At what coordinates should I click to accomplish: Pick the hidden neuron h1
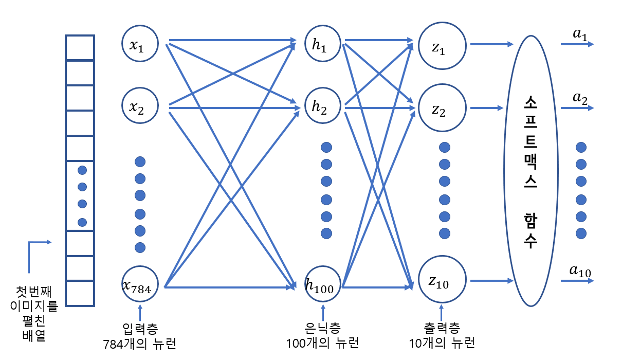coord(323,45)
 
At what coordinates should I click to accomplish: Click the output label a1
coord(580,34)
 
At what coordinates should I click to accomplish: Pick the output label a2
coord(580,98)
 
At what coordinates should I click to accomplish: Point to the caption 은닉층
coord(322,328)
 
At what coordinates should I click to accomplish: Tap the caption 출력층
coord(442,328)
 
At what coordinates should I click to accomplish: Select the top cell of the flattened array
coord(80,47)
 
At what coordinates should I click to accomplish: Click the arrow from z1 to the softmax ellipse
coord(491,45)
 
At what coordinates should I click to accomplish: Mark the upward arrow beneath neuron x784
coord(140,313)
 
